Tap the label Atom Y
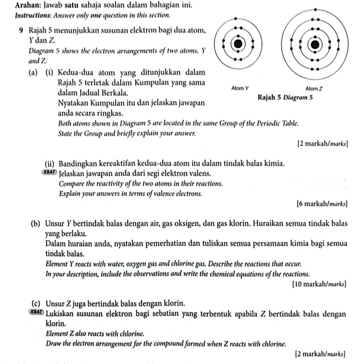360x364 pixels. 240,88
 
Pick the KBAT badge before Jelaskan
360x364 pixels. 50,173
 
